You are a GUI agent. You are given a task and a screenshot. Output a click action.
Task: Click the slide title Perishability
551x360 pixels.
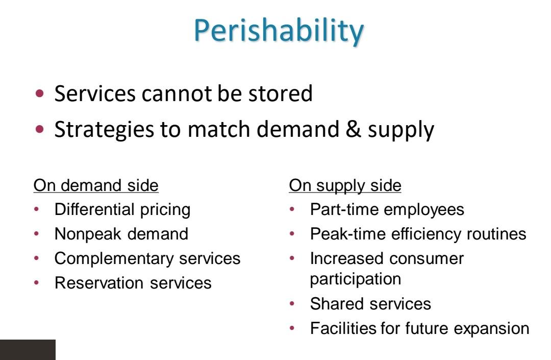279,32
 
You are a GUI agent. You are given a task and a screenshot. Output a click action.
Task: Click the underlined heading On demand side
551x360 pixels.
96,185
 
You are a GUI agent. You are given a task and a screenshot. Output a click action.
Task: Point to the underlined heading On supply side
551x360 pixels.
345,185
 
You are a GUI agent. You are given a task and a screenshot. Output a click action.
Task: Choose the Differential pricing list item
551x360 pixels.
122,209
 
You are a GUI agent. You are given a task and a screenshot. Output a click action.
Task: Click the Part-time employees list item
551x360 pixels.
387,209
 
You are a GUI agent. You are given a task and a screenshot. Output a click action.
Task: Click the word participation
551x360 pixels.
355,279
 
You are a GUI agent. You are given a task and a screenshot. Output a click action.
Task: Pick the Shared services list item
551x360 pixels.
370,304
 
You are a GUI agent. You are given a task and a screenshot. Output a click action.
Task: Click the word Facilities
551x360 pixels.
343,328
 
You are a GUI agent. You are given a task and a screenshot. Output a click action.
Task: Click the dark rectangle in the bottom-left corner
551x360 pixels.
28,350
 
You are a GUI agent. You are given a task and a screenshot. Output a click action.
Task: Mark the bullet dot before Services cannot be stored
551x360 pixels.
41,94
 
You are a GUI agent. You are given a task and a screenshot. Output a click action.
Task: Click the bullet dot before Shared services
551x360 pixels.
292,304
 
